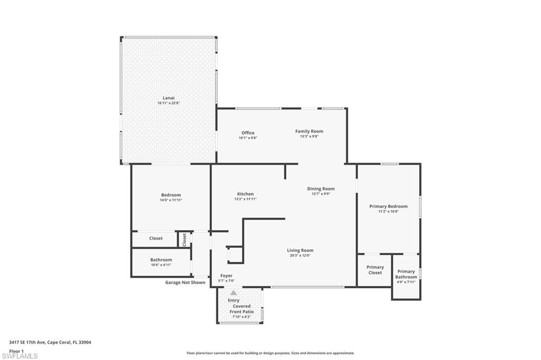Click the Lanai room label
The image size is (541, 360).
click(x=168, y=98)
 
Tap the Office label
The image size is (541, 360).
click(x=248, y=133)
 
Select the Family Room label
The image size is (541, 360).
click(x=309, y=131)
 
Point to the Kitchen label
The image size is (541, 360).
click(x=245, y=194)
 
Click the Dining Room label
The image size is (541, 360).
click(x=321, y=189)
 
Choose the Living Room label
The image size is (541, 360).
click(x=300, y=251)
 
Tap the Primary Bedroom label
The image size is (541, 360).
click(x=388, y=206)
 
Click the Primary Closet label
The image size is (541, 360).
click(x=375, y=270)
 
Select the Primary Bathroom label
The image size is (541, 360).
click(x=406, y=274)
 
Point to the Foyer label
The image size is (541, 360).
click(x=226, y=276)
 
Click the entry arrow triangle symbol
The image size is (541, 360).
click(x=234, y=292)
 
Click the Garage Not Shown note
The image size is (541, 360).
click(x=185, y=282)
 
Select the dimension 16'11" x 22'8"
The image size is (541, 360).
click(x=169, y=103)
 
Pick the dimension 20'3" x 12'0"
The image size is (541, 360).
click(x=300, y=255)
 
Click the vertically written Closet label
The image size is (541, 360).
click(x=184, y=239)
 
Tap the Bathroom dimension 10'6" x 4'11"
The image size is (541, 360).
click(x=161, y=264)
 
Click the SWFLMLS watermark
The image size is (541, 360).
click(x=20, y=356)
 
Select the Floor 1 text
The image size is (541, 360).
click(x=16, y=350)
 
